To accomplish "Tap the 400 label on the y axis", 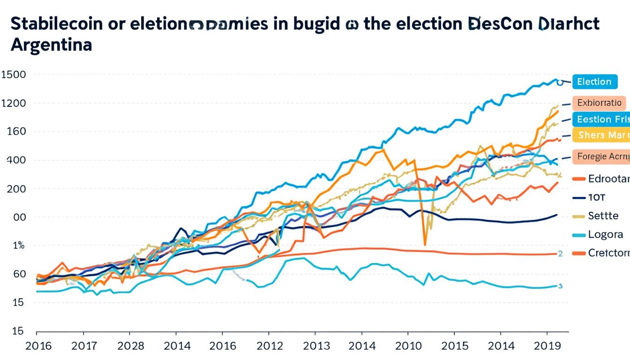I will coord(16,160).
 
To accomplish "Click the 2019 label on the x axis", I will coord(547,346).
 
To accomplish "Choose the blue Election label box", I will coord(594,82).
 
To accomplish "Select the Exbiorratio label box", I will coord(599,103).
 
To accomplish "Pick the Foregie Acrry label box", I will coord(601,157).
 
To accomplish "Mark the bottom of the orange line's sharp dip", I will coord(425,244).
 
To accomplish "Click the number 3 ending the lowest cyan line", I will coord(560,285).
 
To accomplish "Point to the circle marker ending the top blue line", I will coord(559,82).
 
